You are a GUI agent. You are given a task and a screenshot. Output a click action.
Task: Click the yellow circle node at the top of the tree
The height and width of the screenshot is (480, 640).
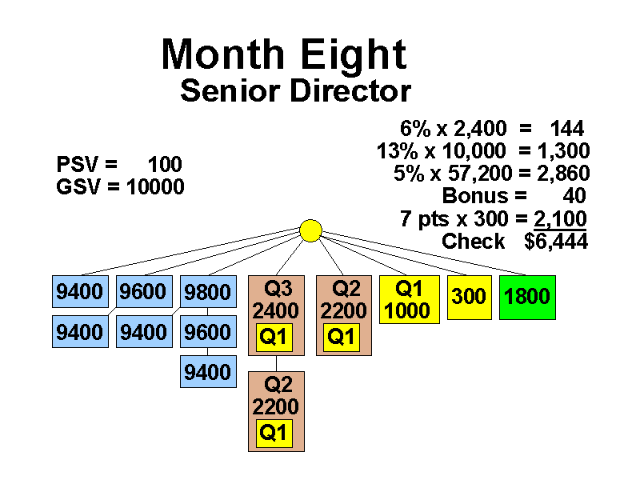(310, 230)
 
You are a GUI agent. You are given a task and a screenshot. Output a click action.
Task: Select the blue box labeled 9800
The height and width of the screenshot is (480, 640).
(208, 293)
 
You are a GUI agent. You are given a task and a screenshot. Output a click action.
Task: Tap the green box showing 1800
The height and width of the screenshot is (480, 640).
(526, 297)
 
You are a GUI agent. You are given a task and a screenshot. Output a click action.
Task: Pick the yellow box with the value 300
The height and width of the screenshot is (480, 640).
(469, 297)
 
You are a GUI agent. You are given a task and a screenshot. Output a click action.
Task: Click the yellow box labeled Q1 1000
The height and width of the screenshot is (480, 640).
(408, 300)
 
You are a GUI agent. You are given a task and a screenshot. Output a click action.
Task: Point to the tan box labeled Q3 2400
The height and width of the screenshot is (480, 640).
(276, 300)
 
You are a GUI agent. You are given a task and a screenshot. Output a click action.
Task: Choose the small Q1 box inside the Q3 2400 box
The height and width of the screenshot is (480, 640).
(274, 338)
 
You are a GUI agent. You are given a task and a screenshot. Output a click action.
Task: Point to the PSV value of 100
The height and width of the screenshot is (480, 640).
(165, 165)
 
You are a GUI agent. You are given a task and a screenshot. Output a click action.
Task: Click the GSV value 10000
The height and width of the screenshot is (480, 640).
(155, 187)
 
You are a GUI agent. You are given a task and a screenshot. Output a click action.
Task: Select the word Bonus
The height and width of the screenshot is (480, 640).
(474, 196)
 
